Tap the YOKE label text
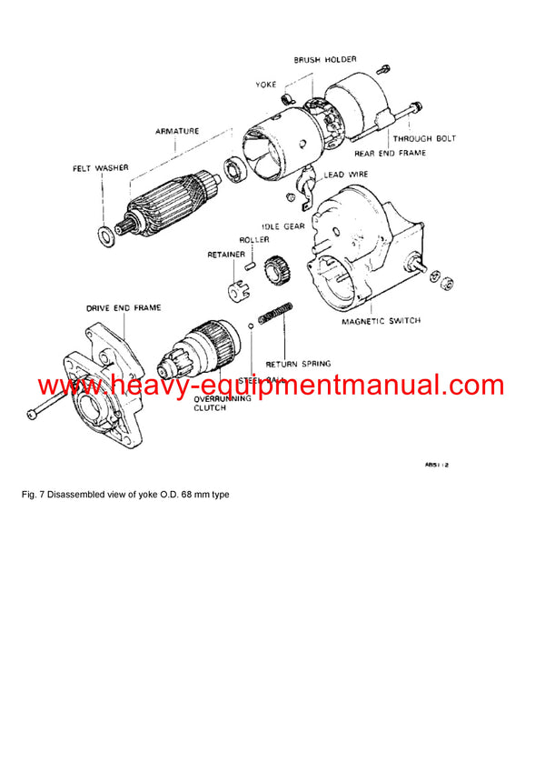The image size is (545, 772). [265, 85]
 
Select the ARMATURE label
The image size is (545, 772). [177, 131]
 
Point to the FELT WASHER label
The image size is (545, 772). [101, 168]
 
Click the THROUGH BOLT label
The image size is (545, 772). [424, 139]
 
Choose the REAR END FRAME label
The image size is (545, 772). [391, 153]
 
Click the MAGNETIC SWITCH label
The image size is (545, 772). [381, 322]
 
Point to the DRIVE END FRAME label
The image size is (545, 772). [124, 308]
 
